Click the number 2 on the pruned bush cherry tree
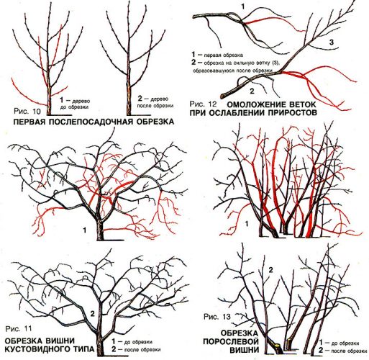(x=92, y=313)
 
